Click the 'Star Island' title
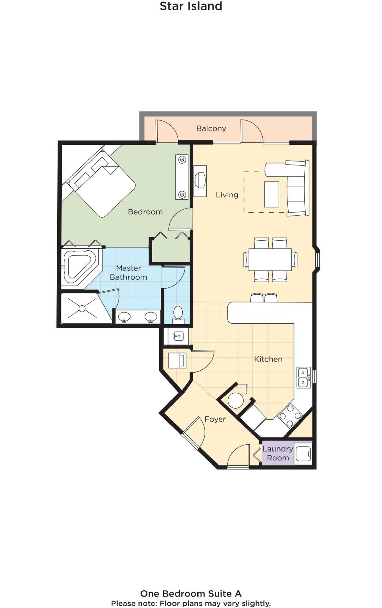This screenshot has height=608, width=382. pos(191,6)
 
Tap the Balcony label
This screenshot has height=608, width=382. pos(211,128)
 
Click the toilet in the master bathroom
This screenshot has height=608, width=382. pos(178,315)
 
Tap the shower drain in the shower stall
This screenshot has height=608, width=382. pos(82,308)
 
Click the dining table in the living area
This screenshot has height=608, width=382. pos(270,260)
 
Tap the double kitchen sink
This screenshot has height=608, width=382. pos(303,377)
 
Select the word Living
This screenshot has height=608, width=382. pos(227,195)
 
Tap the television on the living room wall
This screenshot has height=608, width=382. pos(200,181)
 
